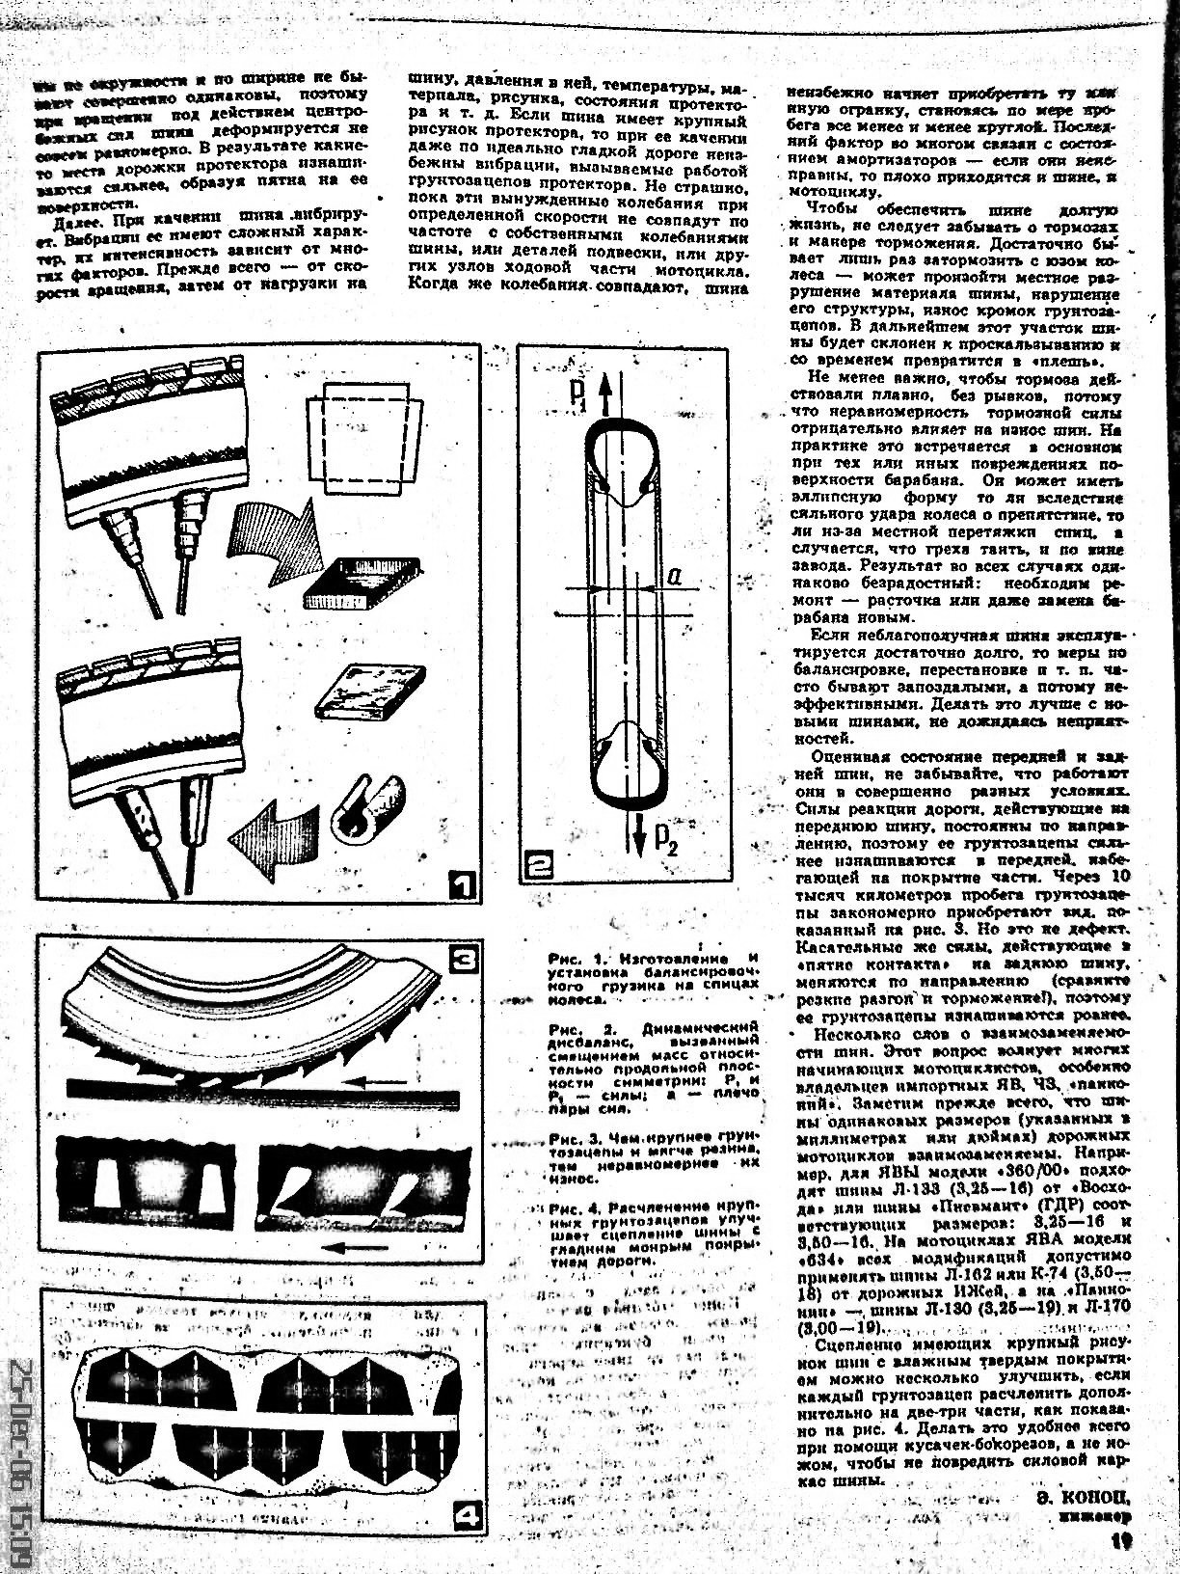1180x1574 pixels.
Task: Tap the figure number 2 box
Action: click(537, 865)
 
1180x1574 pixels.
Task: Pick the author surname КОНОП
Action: click(1083, 1497)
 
